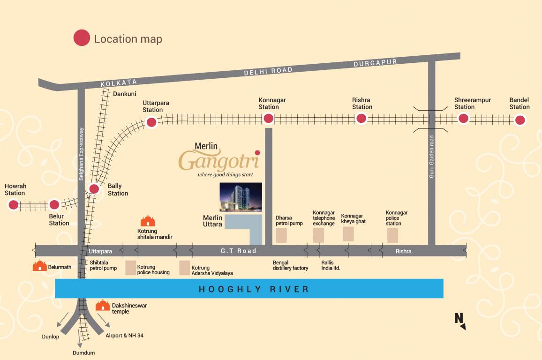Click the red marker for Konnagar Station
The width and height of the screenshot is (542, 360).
[268, 119]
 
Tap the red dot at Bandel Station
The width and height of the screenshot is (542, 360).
[519, 120]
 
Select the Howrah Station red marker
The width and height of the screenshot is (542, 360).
[13, 205]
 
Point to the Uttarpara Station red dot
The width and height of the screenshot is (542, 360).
[151, 122]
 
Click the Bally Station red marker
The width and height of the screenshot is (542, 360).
[94, 189]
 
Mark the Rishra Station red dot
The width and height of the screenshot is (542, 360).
[361, 119]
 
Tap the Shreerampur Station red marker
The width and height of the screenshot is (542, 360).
[463, 118]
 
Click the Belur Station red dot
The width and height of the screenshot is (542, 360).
[54, 204]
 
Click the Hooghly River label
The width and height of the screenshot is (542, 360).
[254, 289]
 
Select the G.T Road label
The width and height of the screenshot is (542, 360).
[239, 251]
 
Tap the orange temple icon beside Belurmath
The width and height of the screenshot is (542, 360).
[40, 266]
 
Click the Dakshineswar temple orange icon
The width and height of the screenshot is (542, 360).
[103, 306]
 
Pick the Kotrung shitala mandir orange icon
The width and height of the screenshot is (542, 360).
[148, 221]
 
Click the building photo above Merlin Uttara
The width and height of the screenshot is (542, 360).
[241, 197]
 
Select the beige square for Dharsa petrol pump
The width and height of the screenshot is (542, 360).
[281, 235]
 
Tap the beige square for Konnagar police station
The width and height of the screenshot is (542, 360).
[392, 235]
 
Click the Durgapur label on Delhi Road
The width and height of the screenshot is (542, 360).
[375, 63]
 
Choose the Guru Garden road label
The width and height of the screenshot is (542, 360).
[432, 157]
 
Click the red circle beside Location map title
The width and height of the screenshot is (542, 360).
[82, 38]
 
